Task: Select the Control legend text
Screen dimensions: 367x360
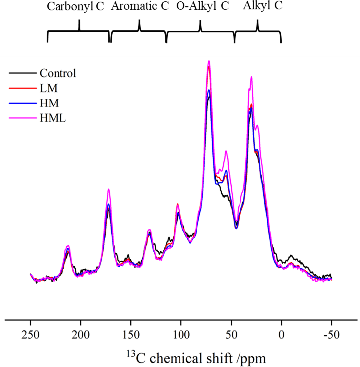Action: click(58, 74)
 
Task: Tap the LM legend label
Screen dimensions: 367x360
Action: click(48, 88)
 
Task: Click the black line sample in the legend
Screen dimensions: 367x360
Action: click(22, 74)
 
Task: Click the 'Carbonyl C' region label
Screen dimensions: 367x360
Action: click(75, 7)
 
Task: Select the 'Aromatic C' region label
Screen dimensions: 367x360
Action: click(140, 7)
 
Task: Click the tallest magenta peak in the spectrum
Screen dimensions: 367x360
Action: click(209, 61)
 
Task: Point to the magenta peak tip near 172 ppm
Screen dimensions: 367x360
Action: click(108, 189)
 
